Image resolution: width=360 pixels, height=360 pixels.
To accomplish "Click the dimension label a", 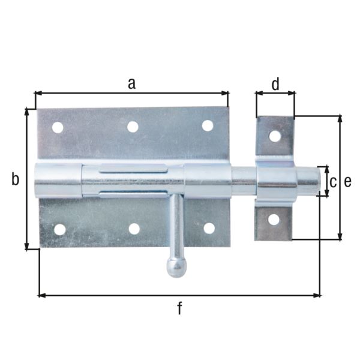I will (131, 83).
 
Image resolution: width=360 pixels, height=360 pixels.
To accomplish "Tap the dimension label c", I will (332, 181).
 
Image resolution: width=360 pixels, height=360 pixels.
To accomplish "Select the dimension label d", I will (275, 85).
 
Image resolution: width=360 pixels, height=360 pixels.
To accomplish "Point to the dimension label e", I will (348, 181).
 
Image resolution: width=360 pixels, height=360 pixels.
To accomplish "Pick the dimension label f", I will (179, 309).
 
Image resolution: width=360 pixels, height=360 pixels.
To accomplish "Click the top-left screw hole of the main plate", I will (58, 127).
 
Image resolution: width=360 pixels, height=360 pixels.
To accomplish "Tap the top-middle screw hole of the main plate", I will (133, 127).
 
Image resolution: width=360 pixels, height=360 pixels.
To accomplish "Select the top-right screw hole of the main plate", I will (207, 125).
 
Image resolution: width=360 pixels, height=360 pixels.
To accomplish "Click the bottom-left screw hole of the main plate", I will (59, 229).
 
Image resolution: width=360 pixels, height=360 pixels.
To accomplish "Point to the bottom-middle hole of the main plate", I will (134, 229).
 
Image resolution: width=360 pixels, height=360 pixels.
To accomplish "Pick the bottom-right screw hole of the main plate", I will (209, 228).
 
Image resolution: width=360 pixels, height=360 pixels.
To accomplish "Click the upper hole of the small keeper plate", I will (275, 136).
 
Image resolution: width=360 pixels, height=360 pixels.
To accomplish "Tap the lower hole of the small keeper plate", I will (274, 220).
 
